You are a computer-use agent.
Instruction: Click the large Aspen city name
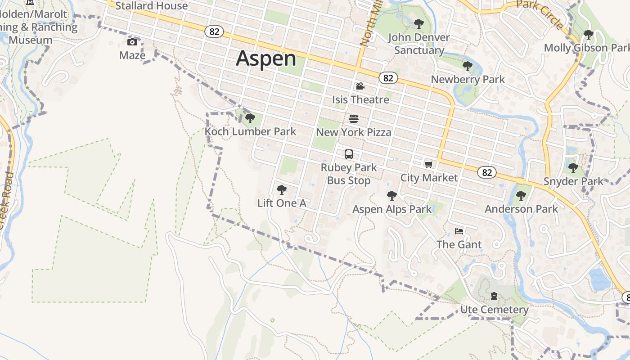(266, 58)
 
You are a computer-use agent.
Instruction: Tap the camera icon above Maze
(132, 42)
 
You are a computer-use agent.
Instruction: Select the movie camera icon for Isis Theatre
(360, 86)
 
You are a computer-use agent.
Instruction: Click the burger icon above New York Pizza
(354, 119)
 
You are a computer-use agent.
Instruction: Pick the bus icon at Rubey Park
(349, 154)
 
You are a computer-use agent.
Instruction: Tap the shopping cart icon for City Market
(428, 165)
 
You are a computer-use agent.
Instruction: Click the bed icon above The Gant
(459, 231)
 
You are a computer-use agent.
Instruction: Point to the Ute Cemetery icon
(494, 297)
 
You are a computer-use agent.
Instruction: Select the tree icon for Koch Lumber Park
(250, 118)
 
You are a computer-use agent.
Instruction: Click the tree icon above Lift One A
(282, 190)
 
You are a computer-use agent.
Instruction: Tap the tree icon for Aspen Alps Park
(392, 196)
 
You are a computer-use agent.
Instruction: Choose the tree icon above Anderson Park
(521, 196)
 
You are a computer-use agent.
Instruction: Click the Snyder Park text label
(573, 181)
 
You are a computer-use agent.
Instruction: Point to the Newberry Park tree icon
(468, 66)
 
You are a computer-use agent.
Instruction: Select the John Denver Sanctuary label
(419, 44)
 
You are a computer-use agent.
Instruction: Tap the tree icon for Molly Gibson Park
(589, 34)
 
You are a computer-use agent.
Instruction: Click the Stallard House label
(152, 6)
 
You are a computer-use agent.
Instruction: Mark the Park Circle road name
(540, 13)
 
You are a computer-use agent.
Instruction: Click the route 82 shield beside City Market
(487, 172)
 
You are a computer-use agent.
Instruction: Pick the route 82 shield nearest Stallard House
(214, 31)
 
